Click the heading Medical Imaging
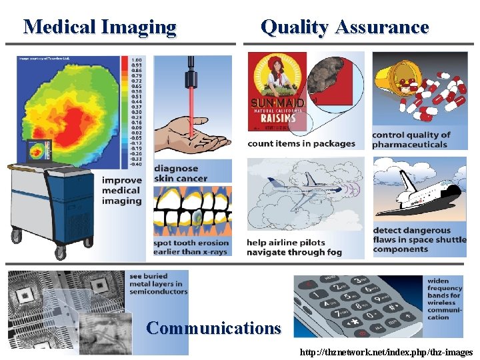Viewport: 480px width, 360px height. coord(100,27)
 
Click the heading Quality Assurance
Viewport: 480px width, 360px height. coord(345,27)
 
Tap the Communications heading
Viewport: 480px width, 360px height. coord(213,328)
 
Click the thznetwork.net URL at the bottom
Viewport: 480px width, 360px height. coord(387,352)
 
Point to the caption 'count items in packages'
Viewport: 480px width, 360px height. coord(301,143)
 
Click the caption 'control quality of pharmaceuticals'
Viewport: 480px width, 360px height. coord(411,139)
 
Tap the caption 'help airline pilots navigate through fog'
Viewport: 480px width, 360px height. coord(295,247)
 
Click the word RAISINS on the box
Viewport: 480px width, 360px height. coord(278,114)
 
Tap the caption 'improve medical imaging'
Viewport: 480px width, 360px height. coord(122,190)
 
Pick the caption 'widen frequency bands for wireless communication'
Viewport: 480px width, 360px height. coord(445,299)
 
